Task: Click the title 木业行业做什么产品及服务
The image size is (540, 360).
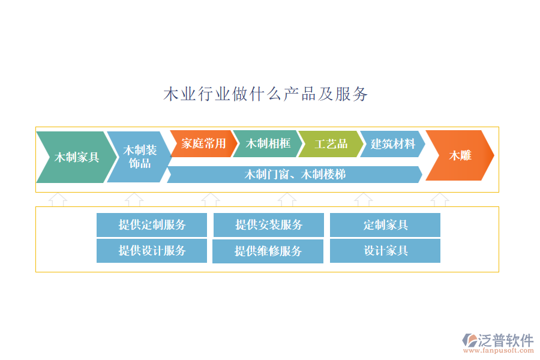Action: (x=265, y=94)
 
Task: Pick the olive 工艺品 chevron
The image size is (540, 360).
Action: (x=331, y=144)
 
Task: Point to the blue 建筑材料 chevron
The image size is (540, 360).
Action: (x=392, y=144)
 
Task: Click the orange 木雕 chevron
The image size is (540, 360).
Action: (x=460, y=156)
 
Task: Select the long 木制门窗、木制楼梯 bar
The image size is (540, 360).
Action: (x=295, y=175)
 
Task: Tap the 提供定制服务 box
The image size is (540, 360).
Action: (x=152, y=225)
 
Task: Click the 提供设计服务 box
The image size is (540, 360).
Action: (x=152, y=251)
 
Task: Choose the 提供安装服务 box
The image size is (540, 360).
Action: (x=268, y=225)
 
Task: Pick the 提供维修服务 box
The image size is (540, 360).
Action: (x=268, y=251)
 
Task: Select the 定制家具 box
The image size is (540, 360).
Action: (x=385, y=225)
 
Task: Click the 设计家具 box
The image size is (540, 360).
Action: (x=385, y=251)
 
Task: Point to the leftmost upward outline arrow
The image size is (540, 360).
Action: (x=58, y=199)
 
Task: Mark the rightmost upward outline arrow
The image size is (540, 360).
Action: (x=440, y=199)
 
